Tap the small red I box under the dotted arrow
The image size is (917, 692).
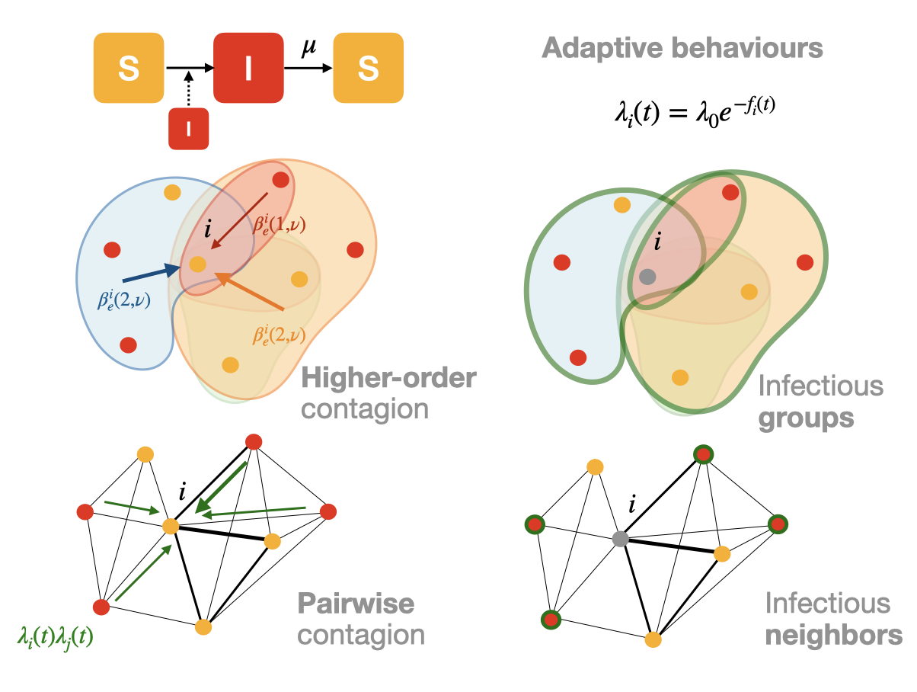[189, 129]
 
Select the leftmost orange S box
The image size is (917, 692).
[128, 69]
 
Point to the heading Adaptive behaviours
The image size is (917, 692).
[682, 49]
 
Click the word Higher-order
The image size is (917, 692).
[388, 379]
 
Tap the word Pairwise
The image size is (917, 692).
[356, 604]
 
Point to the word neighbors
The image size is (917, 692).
[834, 635]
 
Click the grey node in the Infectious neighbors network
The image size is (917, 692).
[620, 540]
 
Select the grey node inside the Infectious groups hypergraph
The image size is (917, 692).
[647, 276]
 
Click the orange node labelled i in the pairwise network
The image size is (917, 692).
[171, 526]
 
